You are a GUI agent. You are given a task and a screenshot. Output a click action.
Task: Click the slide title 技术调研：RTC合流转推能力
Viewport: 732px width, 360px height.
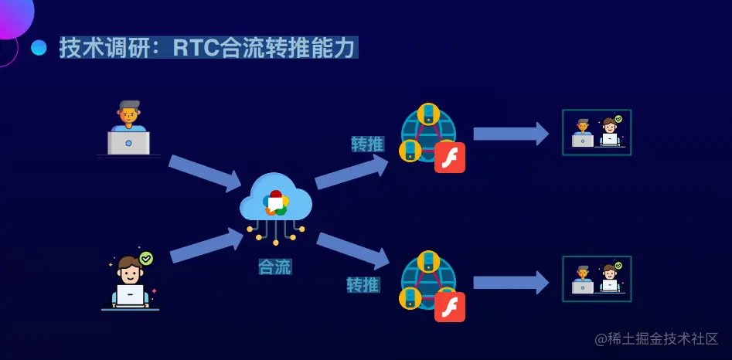point(208,48)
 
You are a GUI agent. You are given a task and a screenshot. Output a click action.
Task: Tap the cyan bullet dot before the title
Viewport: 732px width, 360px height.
point(39,48)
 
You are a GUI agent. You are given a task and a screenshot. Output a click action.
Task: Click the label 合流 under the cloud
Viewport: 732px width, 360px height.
point(274,267)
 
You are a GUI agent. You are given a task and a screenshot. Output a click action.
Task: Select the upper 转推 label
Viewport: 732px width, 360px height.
point(367,144)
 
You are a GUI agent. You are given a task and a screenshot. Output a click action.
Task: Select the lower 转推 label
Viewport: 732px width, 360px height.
point(363,285)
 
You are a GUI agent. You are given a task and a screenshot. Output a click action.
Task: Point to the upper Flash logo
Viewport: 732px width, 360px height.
point(450,158)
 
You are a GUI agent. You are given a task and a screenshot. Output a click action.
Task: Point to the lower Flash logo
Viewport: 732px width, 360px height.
point(450,306)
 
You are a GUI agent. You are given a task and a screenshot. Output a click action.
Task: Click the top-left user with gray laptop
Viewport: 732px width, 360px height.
point(128,128)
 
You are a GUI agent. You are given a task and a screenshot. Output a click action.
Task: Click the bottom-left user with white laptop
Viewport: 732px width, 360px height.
point(130,281)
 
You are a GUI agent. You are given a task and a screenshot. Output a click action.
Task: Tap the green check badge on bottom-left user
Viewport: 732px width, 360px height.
point(146,258)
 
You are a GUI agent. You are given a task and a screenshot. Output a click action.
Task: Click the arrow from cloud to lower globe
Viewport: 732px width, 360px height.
point(352,250)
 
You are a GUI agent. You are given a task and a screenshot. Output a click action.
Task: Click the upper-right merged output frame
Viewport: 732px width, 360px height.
point(597,132)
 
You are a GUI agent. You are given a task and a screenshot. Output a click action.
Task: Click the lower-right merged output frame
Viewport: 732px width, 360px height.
point(597,279)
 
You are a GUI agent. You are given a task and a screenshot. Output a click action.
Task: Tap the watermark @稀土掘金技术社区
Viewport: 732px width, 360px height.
point(656,339)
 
